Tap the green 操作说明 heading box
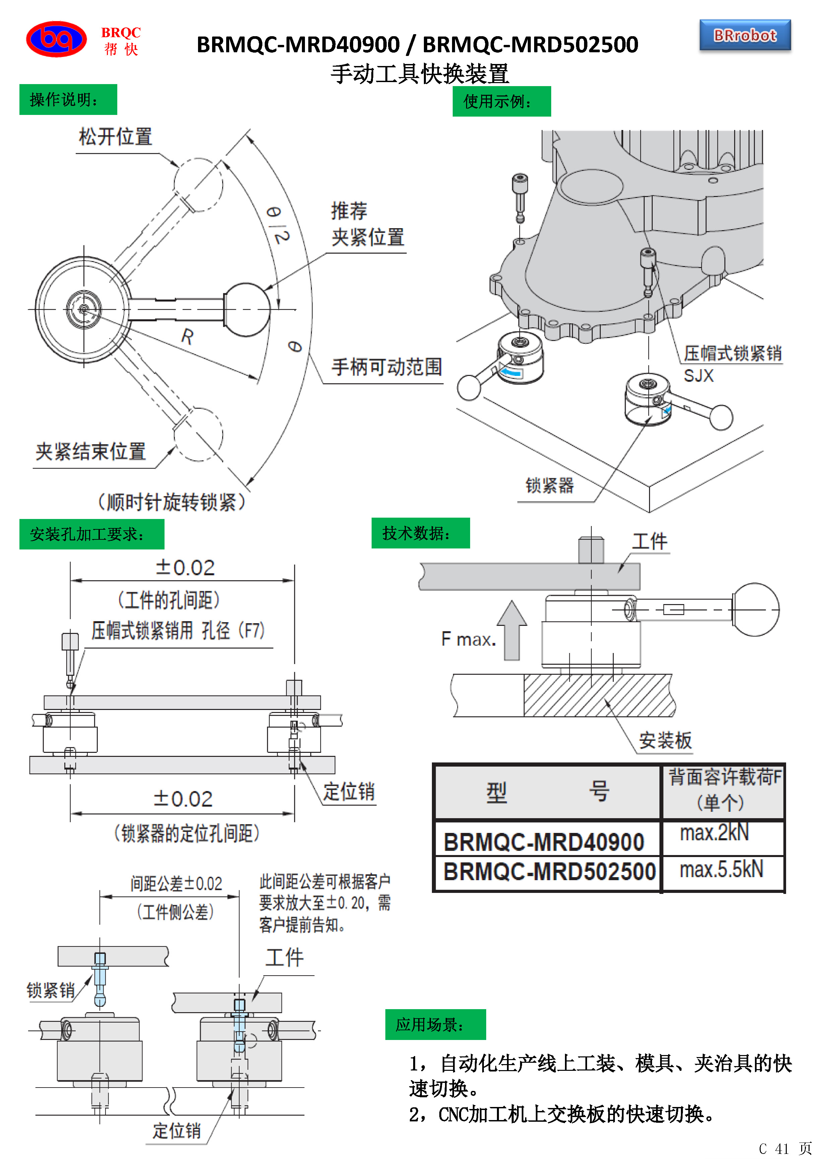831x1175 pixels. (x=68, y=99)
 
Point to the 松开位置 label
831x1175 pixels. (x=115, y=137)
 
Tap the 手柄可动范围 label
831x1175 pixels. (x=386, y=367)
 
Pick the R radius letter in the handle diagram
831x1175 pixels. (x=187, y=337)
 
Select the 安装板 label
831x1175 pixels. (x=665, y=740)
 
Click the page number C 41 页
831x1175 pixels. (x=784, y=1149)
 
